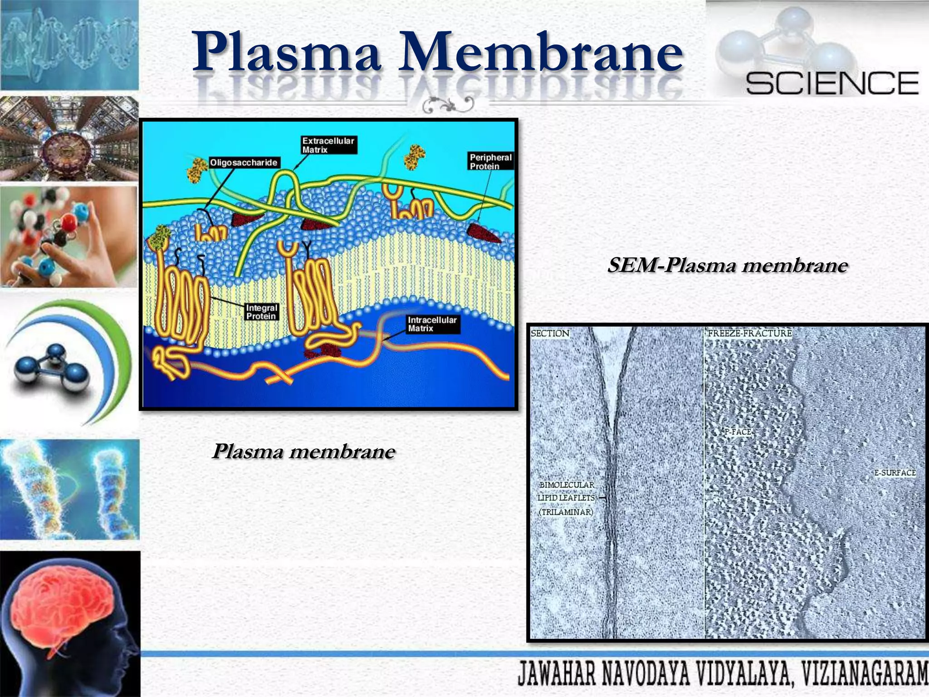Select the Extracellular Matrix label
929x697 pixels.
pyautogui.click(x=328, y=145)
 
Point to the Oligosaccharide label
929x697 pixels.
pyautogui.click(x=244, y=162)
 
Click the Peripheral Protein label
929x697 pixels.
pyautogui.click(x=490, y=162)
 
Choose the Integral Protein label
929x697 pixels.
pyautogui.click(x=261, y=312)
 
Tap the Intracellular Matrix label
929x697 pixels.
pyautogui.click(x=432, y=324)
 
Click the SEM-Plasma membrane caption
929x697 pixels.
pyautogui.click(x=727, y=265)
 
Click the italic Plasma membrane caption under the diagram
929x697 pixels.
pyautogui.click(x=303, y=451)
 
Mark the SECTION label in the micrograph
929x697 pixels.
pyautogui.click(x=550, y=334)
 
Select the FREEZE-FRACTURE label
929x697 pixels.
pyautogui.click(x=749, y=334)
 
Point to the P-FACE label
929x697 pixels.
pyautogui.click(x=738, y=432)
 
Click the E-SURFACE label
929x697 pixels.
pyautogui.click(x=895, y=473)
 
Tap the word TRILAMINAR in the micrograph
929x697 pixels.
pyautogui.click(x=566, y=512)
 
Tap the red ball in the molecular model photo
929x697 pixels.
pyautogui.click(x=69, y=222)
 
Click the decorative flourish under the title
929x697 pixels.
pyautogui.click(x=448, y=105)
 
